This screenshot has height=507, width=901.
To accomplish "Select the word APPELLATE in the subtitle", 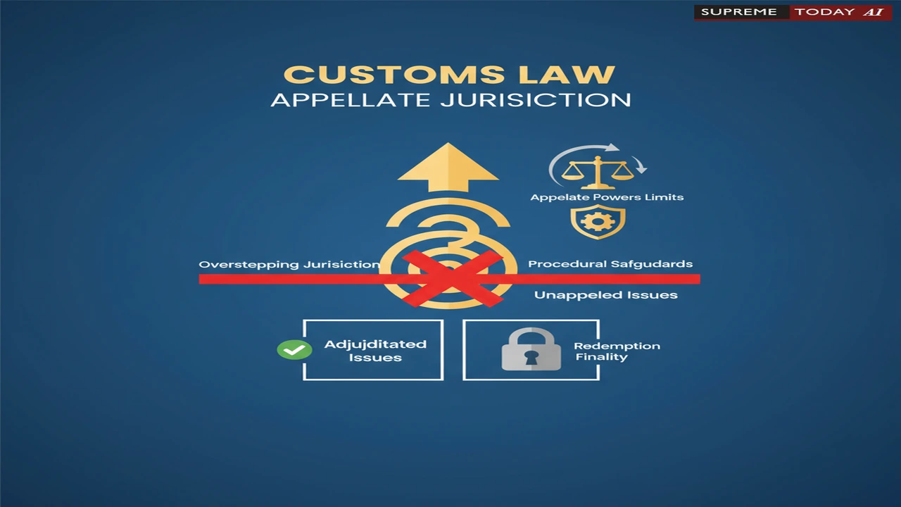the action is (351, 100).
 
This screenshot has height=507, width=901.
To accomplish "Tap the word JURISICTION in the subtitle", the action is (536, 100).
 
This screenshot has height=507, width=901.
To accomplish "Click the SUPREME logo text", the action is (739, 12).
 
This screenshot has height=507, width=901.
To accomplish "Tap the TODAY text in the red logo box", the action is (824, 12).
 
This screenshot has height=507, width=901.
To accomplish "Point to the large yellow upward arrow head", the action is (448, 167).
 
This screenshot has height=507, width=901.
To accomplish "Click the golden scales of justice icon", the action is (598, 173).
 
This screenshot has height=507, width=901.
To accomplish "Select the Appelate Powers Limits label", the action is (607, 197).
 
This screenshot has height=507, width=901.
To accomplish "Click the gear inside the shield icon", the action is (598, 221).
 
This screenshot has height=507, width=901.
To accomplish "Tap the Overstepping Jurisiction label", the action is (289, 264).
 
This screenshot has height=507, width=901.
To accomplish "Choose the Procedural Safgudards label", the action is (610, 264).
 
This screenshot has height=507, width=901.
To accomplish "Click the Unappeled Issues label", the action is (606, 295).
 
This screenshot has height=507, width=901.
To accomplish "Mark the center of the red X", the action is (452, 279).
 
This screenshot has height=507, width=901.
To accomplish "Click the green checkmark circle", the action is (294, 349).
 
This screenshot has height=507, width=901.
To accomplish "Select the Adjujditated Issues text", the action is (375, 351).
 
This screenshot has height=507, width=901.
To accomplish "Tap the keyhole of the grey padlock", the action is (531, 357).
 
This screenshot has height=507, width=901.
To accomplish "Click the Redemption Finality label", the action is (617, 351).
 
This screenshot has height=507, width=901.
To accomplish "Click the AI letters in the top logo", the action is (874, 12).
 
